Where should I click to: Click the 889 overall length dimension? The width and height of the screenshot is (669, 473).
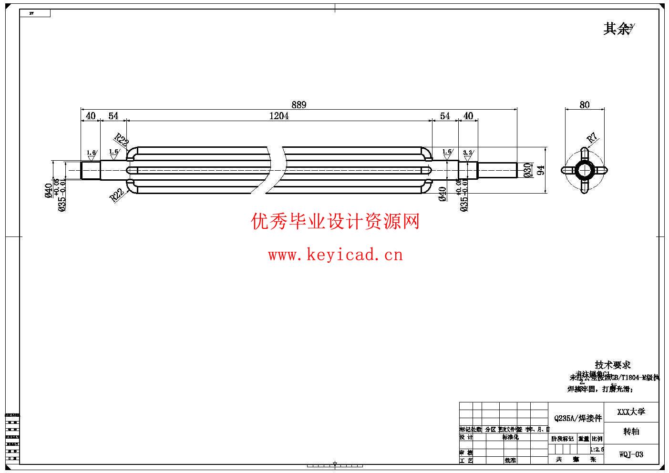tap(298, 104)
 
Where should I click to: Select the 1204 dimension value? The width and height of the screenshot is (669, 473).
tap(279, 116)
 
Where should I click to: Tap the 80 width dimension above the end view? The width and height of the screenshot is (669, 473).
tap(585, 105)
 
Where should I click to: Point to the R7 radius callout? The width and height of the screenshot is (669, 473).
tap(592, 139)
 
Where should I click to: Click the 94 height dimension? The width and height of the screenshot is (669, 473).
tap(541, 170)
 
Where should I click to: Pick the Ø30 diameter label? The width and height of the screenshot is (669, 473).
tap(527, 170)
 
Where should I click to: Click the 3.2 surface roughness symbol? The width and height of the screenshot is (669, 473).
tap(468, 153)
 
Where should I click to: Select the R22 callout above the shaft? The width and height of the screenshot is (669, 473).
tap(122, 140)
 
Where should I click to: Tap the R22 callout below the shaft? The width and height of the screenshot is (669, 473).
tap(117, 195)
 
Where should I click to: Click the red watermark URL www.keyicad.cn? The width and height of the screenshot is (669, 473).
tap(335, 255)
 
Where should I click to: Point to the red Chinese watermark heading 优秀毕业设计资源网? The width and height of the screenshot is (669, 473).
tap(335, 222)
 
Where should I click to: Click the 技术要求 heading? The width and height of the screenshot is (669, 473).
tap(613, 365)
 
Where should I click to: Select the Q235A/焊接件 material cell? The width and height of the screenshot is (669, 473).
tap(578, 418)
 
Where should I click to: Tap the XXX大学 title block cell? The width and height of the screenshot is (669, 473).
tap(631, 411)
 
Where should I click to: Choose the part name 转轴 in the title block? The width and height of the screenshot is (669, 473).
tap(631, 432)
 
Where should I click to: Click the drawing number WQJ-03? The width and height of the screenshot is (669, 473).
tap(631, 454)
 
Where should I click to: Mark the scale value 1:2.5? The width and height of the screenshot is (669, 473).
tap(597, 449)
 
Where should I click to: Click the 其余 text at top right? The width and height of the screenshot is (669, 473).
tap(617, 29)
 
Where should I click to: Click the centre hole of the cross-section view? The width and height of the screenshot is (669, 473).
tap(585, 170)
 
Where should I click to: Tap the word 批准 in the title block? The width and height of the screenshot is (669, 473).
tap(510, 460)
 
